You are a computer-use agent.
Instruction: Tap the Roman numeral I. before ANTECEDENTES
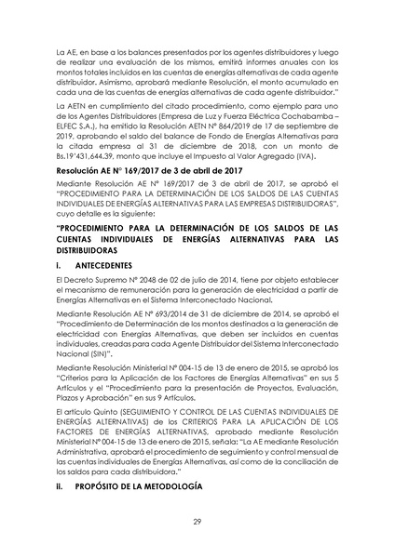60,265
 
